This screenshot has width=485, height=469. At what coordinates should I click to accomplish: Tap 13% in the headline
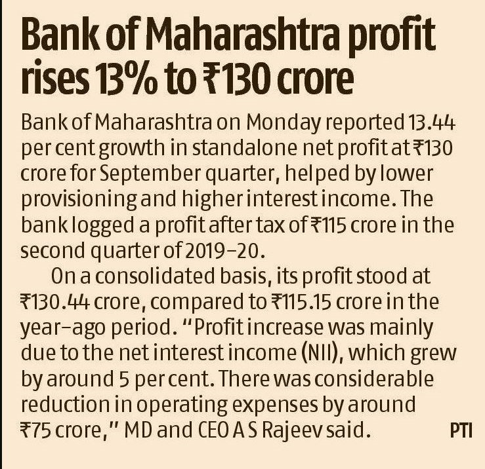click(125, 79)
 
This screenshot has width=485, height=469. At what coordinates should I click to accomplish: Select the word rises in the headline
click(54, 79)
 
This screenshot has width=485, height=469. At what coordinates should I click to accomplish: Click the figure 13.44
click(430, 122)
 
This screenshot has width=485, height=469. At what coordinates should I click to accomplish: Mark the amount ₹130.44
click(55, 302)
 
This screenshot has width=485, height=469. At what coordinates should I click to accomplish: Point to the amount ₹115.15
click(301, 302)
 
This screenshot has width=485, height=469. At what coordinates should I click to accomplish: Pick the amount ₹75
click(35, 430)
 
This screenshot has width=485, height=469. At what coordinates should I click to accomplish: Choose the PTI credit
click(461, 431)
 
